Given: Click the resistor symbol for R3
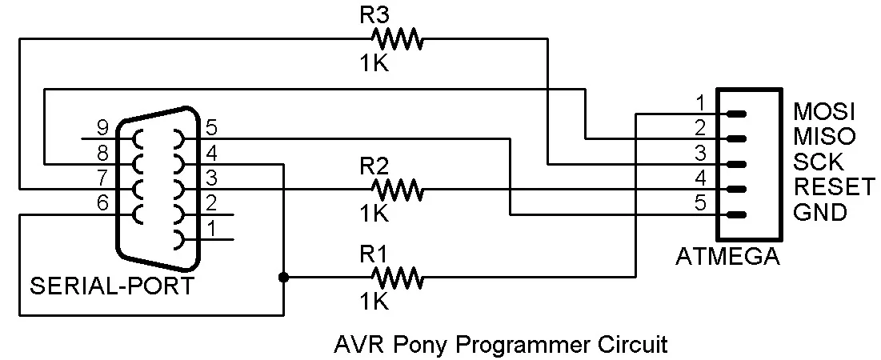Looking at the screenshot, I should pyautogui.click(x=397, y=38).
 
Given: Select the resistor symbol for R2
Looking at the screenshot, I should pyautogui.click(x=397, y=190).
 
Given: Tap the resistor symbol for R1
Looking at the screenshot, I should pyautogui.click(x=397, y=278).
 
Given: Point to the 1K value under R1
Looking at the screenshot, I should pyautogui.click(x=374, y=302).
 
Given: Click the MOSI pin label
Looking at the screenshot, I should pyautogui.click(x=823, y=110).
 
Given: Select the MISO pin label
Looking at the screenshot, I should pyautogui.click(x=823, y=136).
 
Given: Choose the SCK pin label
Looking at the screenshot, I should pyautogui.click(x=818, y=162).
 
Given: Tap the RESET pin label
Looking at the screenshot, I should pyautogui.click(x=834, y=187).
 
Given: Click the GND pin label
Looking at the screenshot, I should pyautogui.click(x=819, y=213).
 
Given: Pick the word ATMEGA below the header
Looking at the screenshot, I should pyautogui.click(x=728, y=258).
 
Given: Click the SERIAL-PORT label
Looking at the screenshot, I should pyautogui.click(x=112, y=286).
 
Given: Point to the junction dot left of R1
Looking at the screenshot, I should pyautogui.click(x=283, y=278).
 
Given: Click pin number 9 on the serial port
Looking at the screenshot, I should pyautogui.click(x=102, y=126).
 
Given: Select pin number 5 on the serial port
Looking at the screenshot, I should pyautogui.click(x=212, y=126).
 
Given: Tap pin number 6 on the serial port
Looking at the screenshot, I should pyautogui.click(x=102, y=203).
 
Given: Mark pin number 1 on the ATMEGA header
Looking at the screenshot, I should pyautogui.click(x=699, y=103).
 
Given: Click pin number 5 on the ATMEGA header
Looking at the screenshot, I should pyautogui.click(x=699, y=204).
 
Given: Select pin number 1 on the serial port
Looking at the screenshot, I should pyautogui.click(x=212, y=229).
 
